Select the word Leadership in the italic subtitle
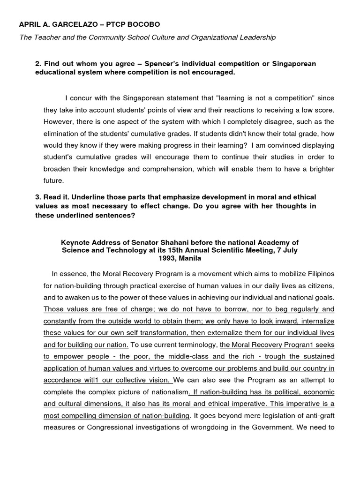click(257, 37)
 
